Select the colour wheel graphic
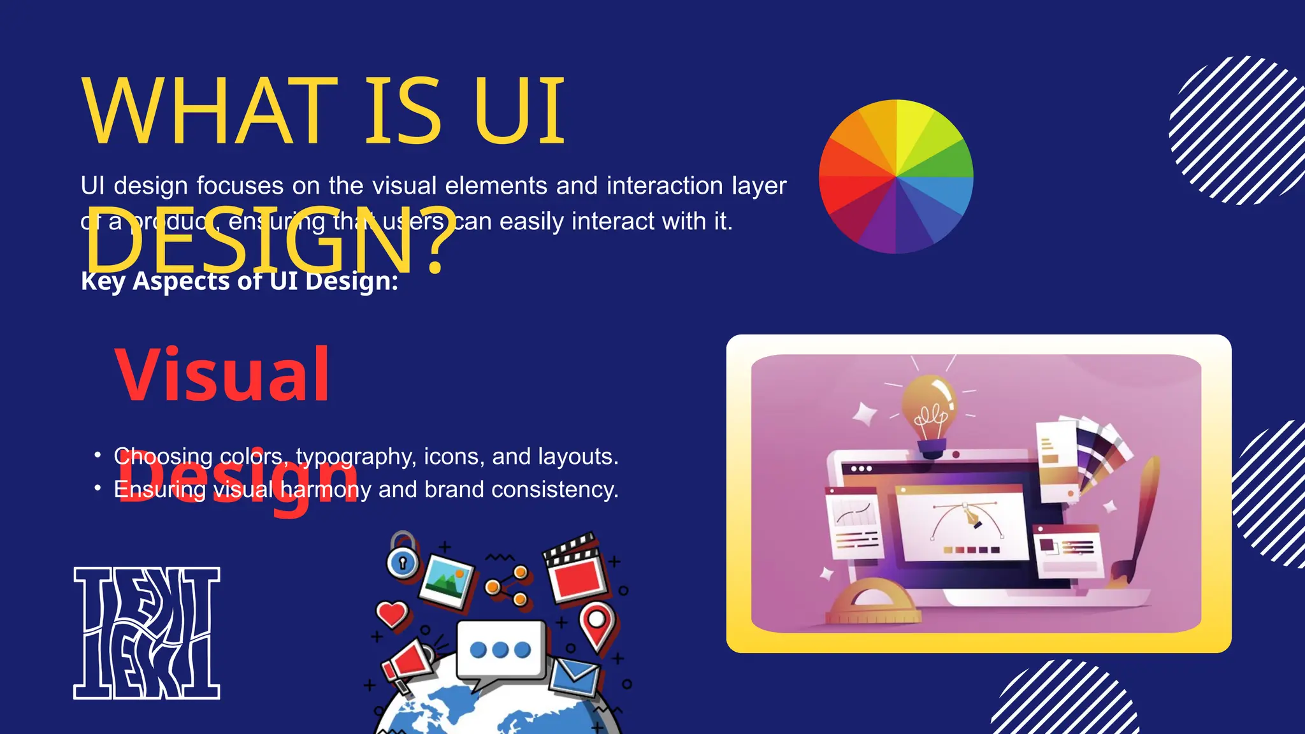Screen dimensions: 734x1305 tap(896, 176)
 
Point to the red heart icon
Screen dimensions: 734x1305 tap(391, 614)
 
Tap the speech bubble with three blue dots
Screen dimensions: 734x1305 tap(501, 649)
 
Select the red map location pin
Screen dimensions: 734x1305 tap(597, 623)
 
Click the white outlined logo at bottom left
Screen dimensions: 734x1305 tap(147, 633)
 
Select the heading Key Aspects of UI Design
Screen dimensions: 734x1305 tap(240, 281)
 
